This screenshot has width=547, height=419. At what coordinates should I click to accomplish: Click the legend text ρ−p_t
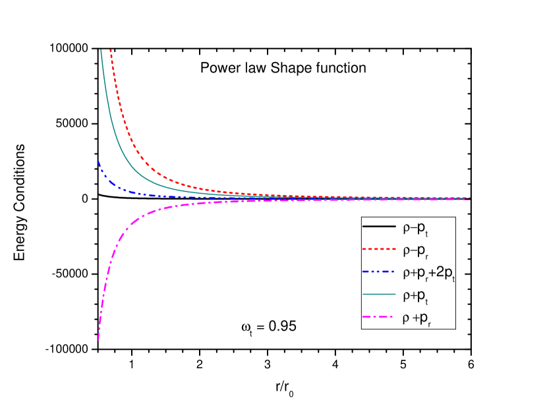417,228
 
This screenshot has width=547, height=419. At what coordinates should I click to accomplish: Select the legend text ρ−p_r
417,251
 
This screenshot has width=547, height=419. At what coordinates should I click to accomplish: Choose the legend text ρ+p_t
417,297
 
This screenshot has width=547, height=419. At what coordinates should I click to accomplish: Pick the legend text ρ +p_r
418,320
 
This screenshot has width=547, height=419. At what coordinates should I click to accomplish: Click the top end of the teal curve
101,50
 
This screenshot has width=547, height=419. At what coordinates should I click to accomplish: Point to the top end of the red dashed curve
110,50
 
